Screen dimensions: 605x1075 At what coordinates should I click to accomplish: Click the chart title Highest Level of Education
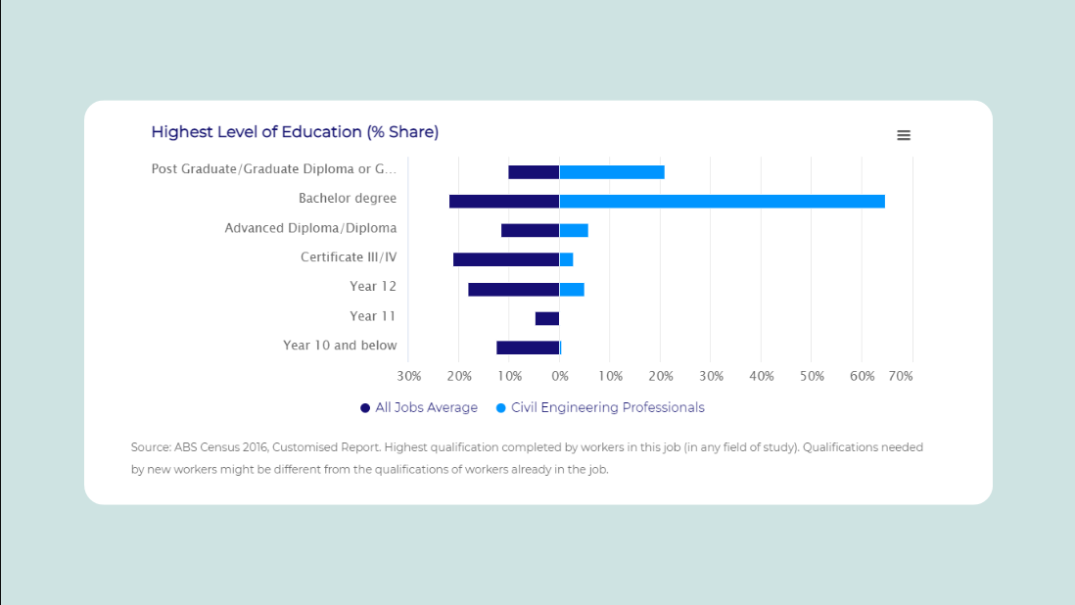[295, 132]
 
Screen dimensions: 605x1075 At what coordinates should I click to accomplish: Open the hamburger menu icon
[904, 135]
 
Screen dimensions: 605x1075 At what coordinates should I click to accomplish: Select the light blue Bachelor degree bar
[722, 202]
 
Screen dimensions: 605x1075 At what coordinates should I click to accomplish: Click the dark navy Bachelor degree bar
[504, 202]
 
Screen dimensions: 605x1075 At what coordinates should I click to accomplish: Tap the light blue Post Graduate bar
[612, 172]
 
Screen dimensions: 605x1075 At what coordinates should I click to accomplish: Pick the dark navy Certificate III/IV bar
[506, 259]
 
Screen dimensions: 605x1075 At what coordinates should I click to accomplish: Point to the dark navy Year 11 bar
[547, 318]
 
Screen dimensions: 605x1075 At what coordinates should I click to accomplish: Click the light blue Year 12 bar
[572, 289]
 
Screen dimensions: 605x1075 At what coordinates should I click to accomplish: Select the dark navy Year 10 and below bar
[528, 348]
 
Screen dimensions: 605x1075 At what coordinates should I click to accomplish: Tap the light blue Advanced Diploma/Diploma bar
[574, 230]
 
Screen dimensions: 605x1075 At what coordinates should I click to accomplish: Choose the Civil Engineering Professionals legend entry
[607, 408]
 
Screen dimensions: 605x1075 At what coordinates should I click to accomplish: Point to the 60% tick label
[862, 376]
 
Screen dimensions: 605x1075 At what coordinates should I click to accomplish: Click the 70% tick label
[901, 376]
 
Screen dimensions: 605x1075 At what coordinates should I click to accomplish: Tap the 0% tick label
[559, 376]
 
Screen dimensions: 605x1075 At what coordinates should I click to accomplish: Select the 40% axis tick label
[761, 376]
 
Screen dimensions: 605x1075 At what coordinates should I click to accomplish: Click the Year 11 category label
[373, 316]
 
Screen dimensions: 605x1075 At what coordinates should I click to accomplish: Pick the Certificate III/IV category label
[349, 257]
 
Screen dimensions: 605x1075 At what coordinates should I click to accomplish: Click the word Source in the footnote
[150, 447]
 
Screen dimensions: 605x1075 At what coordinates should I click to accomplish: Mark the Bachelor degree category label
[348, 199]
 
